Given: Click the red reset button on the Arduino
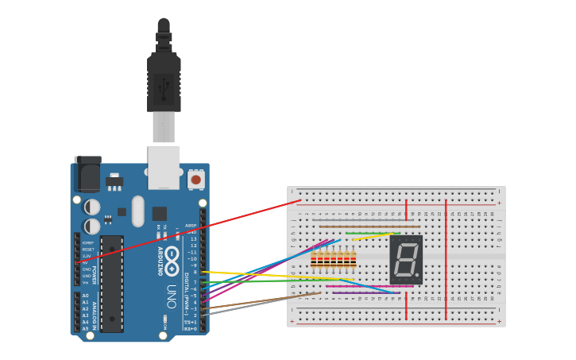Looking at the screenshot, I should pos(195,180).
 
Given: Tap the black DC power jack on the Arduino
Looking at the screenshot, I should pos(87,174).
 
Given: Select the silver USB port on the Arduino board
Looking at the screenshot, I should pos(164,167).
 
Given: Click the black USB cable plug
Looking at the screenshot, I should pos(164,83).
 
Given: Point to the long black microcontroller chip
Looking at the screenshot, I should pos(112,283).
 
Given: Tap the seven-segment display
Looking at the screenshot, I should pos(406,260).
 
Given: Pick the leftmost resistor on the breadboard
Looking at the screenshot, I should pos(314,259).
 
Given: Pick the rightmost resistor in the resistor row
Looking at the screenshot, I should pos(353,259).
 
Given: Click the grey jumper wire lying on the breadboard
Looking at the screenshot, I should pos(358,219).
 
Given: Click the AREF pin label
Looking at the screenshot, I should pos(191,225).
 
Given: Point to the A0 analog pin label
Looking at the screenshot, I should pos(85,296).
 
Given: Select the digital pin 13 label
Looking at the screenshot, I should pos(192,238).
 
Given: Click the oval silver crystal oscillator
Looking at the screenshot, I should pos(138,211).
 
